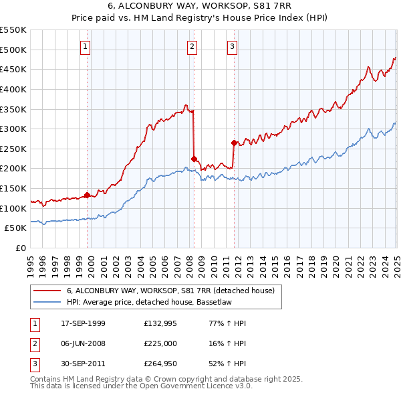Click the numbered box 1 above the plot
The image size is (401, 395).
87,46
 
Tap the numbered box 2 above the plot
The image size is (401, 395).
192,46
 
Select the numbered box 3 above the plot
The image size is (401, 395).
231,46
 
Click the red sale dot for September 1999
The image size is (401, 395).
88,195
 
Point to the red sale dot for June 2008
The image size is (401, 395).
194,159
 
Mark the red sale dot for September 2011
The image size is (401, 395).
234,143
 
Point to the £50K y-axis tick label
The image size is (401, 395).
16,228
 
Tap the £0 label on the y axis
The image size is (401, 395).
21,248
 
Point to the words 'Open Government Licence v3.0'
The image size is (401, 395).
196,386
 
